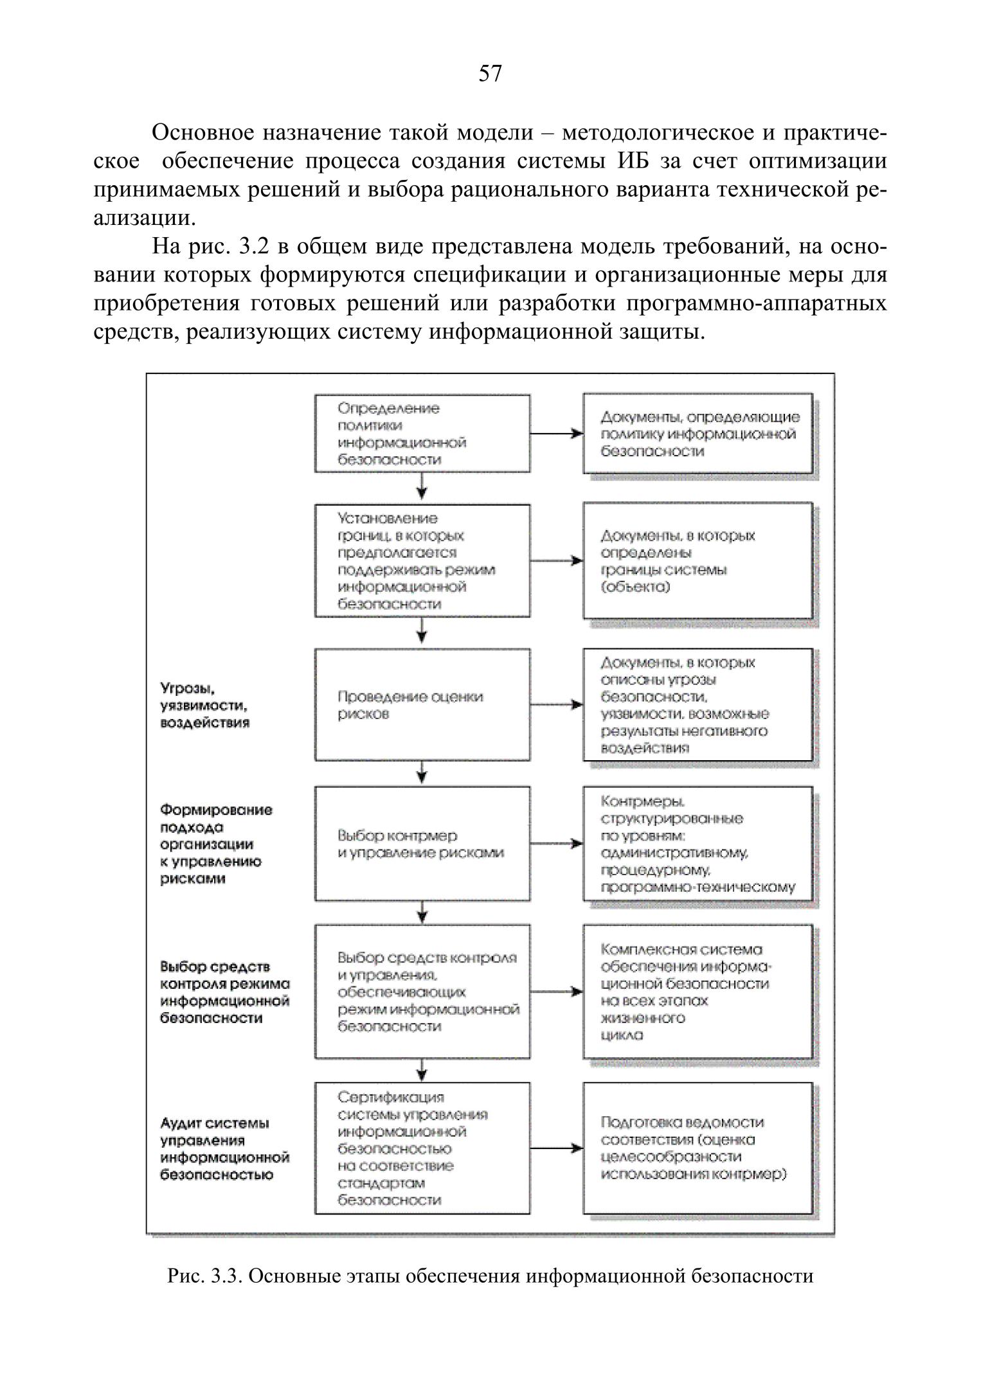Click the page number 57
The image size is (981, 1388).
coord(490,74)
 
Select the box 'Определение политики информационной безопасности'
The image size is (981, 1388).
coord(422,434)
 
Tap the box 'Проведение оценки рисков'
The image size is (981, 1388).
coord(422,705)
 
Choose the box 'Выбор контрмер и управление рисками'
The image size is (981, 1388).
coord(422,844)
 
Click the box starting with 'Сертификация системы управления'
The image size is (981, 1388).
coord(422,1148)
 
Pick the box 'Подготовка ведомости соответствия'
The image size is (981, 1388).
coord(697,1148)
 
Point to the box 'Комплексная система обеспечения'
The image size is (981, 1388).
coord(697,992)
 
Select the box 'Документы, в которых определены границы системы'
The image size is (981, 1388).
coord(697,560)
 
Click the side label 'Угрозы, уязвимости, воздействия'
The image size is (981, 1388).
coord(205,705)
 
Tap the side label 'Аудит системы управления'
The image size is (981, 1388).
coord(224,1148)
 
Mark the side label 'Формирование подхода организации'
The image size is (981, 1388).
coord(216,844)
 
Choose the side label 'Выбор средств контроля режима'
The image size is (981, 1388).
coord(224,992)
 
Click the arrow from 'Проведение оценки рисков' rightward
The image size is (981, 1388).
coord(557,705)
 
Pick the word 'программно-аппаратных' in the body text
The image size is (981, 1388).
coord(756,303)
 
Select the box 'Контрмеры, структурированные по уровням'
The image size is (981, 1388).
coord(697,844)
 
